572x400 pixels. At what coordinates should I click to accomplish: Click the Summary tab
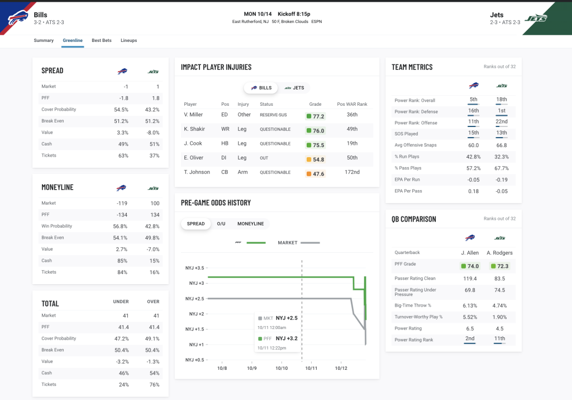click(44, 40)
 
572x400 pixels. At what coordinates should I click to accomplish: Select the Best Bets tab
click(102, 40)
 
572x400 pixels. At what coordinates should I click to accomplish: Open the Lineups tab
click(128, 40)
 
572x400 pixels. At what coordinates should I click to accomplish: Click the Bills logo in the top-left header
click(18, 18)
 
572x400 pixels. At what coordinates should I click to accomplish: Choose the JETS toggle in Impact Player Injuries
click(294, 88)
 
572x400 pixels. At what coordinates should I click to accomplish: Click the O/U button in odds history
click(221, 224)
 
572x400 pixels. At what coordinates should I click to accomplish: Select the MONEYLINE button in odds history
click(250, 224)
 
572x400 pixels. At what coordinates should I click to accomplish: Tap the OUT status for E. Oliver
click(264, 158)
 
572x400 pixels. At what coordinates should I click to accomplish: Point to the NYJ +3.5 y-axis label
click(194, 268)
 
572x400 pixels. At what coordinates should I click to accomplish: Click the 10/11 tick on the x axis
click(311, 368)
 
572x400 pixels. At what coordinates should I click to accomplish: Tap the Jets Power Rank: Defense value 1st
click(502, 111)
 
